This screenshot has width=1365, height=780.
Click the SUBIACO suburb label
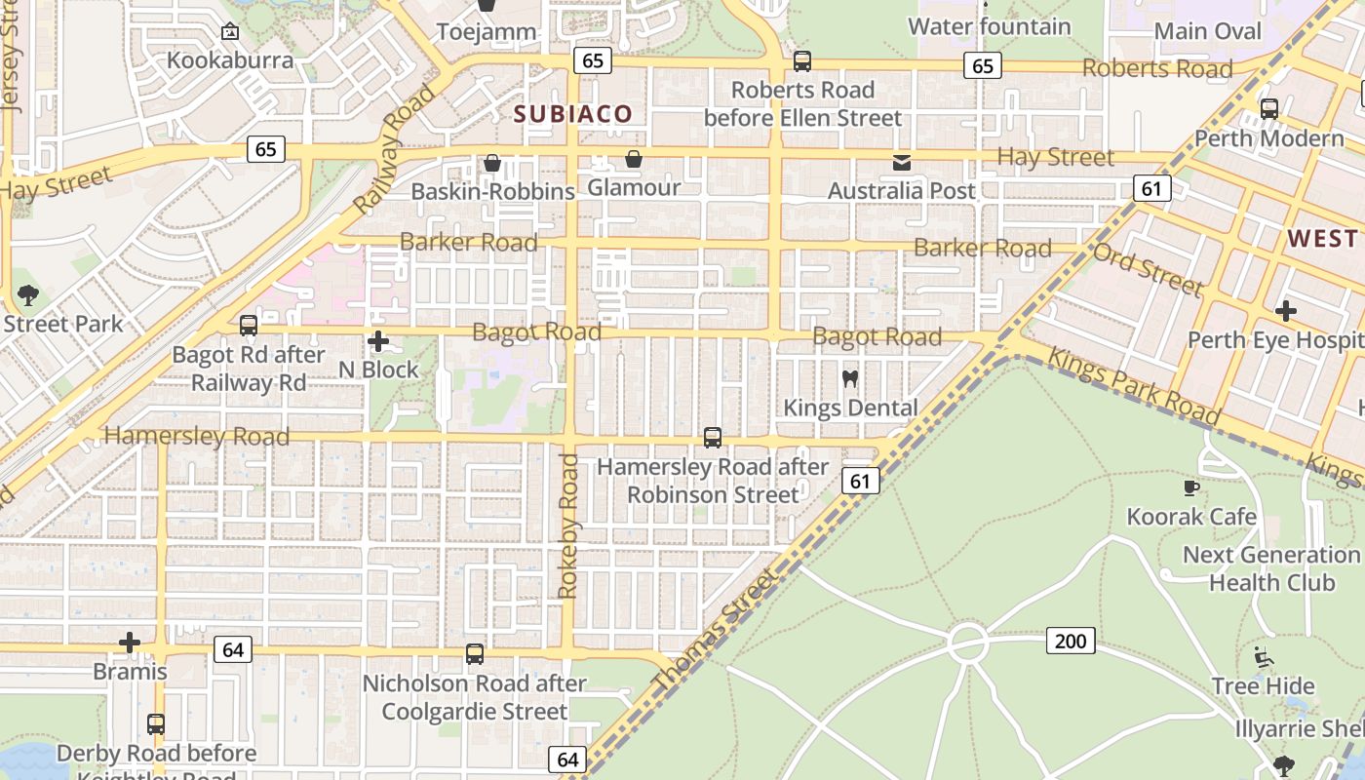click(x=573, y=114)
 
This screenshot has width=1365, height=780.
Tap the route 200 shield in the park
click(x=1071, y=641)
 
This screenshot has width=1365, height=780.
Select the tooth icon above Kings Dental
click(x=849, y=378)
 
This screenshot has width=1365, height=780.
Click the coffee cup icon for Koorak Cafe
click(x=1190, y=487)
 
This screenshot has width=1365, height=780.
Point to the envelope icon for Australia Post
click(x=901, y=162)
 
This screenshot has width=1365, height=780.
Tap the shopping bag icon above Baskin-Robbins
click(x=492, y=162)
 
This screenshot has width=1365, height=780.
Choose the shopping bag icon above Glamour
click(x=634, y=158)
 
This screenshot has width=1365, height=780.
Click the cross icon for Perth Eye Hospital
click(x=1286, y=311)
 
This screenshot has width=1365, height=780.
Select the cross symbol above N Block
click(x=378, y=341)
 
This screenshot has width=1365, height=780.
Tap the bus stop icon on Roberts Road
click(x=801, y=61)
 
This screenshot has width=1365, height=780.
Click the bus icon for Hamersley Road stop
click(x=713, y=438)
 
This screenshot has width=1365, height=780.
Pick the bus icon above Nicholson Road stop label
click(x=475, y=654)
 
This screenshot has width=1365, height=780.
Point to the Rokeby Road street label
click(x=567, y=526)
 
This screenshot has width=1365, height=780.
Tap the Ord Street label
click(x=1148, y=269)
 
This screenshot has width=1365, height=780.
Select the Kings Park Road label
click(x=1133, y=387)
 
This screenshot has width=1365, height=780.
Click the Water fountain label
click(x=990, y=26)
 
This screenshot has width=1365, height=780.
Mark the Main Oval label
click(x=1208, y=31)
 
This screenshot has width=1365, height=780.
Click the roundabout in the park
click(x=968, y=643)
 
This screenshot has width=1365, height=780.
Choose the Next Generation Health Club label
click(x=1271, y=568)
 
